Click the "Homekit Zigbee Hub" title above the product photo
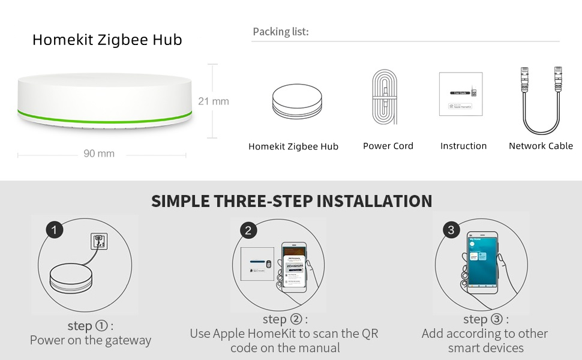[x=107, y=40]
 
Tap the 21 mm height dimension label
[x=213, y=101]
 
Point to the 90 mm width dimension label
[x=98, y=154]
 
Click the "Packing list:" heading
[x=280, y=32]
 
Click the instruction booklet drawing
[x=460, y=94]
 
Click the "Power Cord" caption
[x=388, y=146]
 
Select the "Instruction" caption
[x=463, y=146]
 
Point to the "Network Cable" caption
[x=541, y=146]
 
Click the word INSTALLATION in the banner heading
[x=374, y=201]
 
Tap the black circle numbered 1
[x=55, y=230]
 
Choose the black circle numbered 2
[x=248, y=230]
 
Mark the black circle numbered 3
[x=451, y=230]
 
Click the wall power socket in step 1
[x=98, y=241]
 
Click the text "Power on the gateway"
[x=91, y=340]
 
